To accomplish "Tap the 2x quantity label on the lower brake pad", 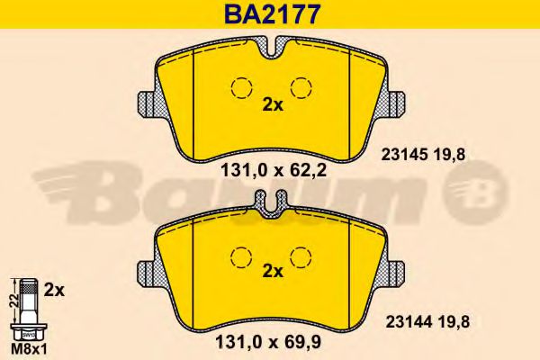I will point(271,270).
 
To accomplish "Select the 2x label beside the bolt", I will point(53,290).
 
